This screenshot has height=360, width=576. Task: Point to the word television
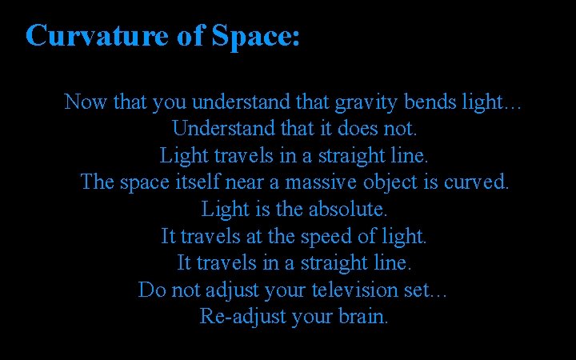[355, 290]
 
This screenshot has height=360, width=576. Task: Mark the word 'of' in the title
[193, 36]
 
